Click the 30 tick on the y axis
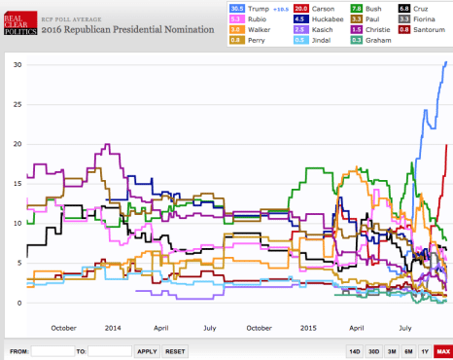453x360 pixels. click(17, 64)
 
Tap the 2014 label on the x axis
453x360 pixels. click(113, 328)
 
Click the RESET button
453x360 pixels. click(175, 350)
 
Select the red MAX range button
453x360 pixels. click(442, 350)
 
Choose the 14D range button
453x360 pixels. click(355, 350)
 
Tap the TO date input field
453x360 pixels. click(110, 350)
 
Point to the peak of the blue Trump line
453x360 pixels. click(445, 62)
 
